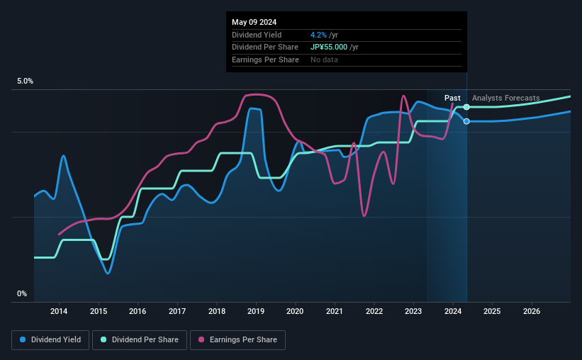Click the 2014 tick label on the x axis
[x=60, y=311]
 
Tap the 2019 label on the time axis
[x=256, y=311]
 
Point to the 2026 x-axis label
[x=532, y=311]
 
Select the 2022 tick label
[x=374, y=311]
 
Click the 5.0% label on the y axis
[x=25, y=81]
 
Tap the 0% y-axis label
[x=22, y=294]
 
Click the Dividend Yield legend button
[x=50, y=340]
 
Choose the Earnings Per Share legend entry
[x=237, y=340]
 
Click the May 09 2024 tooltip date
[x=254, y=22]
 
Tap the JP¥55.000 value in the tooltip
[x=330, y=47]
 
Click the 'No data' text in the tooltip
[x=324, y=60]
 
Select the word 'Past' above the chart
[x=452, y=98]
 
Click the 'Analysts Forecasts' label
[x=505, y=98]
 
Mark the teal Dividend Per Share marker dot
[x=466, y=107]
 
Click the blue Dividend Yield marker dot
[x=466, y=121]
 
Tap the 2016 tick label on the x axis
[x=138, y=311]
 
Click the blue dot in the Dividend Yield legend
[x=23, y=340]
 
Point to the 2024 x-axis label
[x=453, y=311]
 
